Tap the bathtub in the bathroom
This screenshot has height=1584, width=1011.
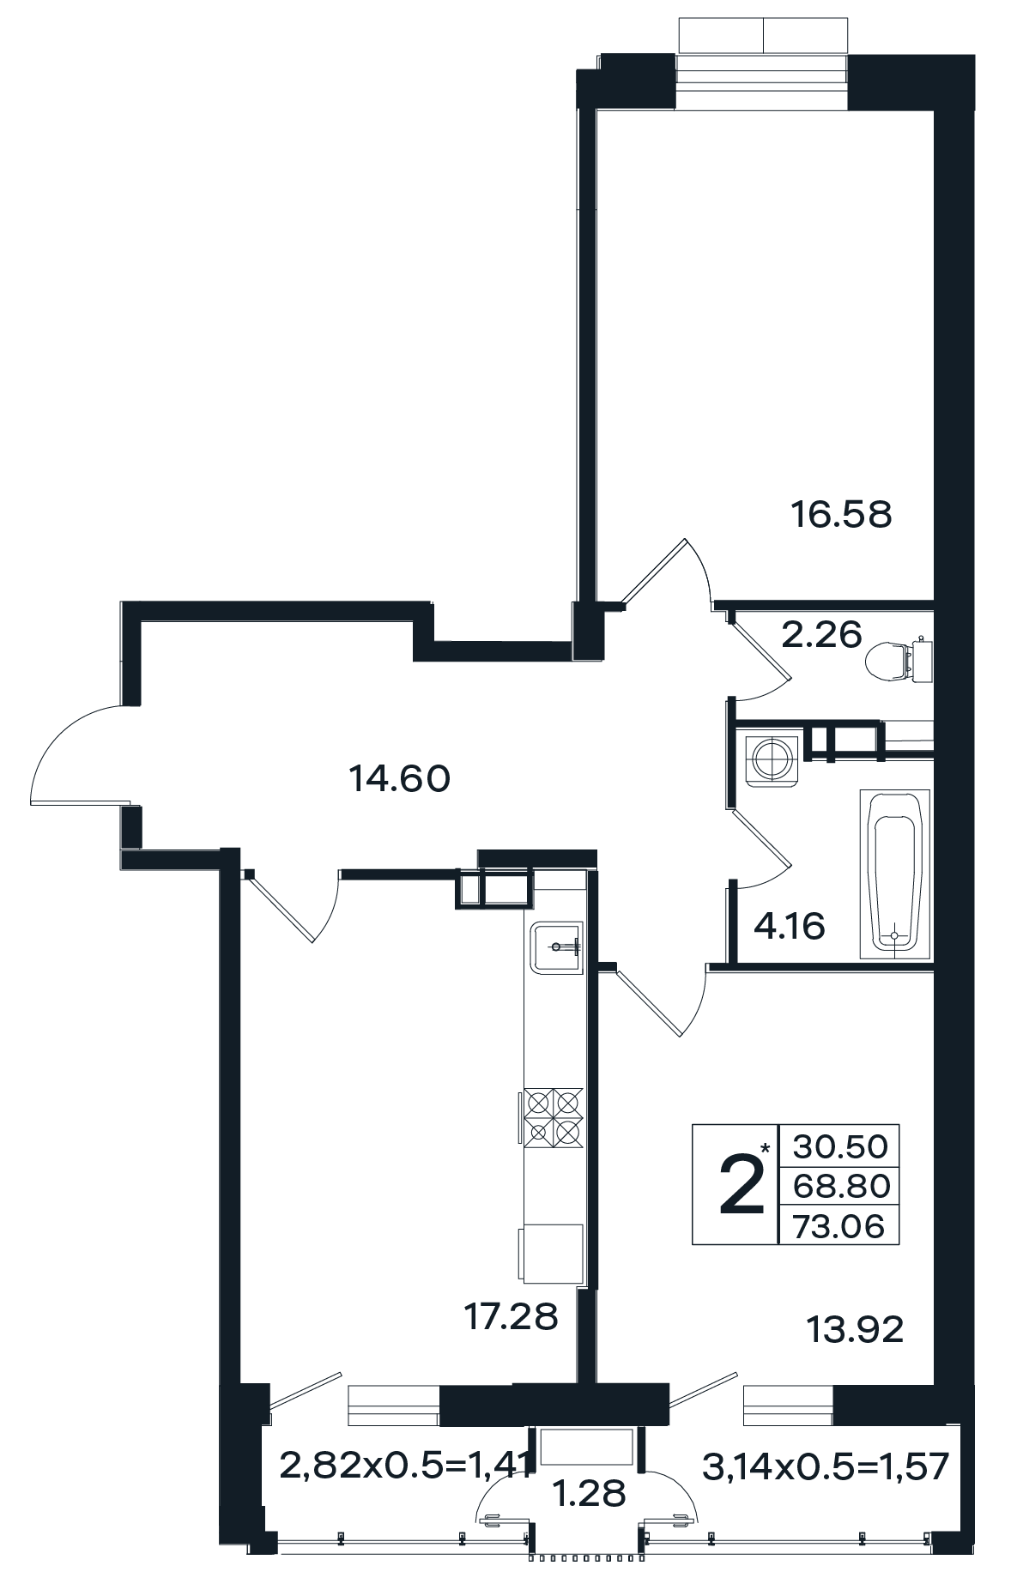pos(894,874)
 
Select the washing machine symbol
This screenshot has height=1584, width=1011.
pos(772,759)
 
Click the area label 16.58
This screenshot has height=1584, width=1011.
pos(841,515)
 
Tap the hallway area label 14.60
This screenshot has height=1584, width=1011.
pos(399,779)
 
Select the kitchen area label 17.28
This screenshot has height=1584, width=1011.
pos(511,1315)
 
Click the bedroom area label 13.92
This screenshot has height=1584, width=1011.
pos(855,1330)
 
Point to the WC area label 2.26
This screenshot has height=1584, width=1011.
pos(821,635)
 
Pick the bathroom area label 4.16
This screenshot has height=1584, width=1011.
pos(790,926)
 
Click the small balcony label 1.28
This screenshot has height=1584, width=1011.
pos(590,1494)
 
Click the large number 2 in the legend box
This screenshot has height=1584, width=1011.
pos(742,1183)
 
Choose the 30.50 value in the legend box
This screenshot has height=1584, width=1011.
pos(839,1146)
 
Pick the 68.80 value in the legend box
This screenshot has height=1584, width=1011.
pos(841,1186)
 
